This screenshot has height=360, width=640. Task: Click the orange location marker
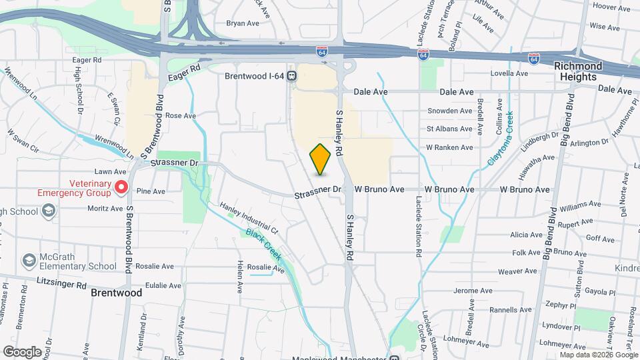coord(320,159)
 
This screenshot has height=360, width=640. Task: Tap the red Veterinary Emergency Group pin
coord(121,187)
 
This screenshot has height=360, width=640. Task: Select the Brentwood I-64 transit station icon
coord(292,76)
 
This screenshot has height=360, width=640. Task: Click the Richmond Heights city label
coord(577,71)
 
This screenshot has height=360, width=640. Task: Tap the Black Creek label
coord(264,245)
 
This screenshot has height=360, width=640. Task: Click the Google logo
coord(22,351)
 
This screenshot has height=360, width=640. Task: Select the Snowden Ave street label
coord(449,111)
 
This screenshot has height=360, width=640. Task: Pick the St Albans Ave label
coord(449,129)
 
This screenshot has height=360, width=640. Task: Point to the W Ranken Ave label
coord(449,147)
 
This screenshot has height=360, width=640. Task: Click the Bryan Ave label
coord(243,23)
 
